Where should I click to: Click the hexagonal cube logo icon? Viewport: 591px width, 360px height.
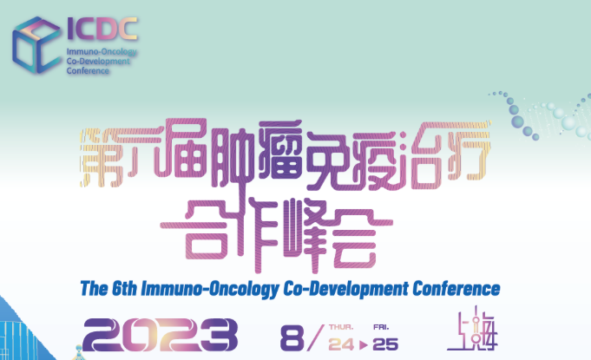pos(36,45)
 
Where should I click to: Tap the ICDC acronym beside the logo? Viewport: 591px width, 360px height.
pos(102,29)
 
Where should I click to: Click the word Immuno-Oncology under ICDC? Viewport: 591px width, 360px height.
pos(102,52)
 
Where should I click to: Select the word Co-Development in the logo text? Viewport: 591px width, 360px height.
pos(98,62)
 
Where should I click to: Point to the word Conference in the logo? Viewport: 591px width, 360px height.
pos(88,71)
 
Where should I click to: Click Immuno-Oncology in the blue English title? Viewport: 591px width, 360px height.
pos(209,290)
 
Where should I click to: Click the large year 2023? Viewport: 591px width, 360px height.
pos(161,335)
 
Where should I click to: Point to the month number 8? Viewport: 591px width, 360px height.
pos(292,337)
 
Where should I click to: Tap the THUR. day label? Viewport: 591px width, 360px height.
pos(341,327)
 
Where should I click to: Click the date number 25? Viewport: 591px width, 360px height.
pos(385,344)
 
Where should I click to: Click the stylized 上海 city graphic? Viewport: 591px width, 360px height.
pos(472,329)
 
